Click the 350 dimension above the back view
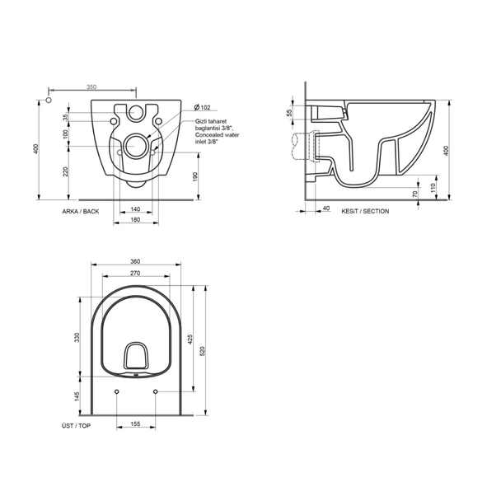pos(91,87)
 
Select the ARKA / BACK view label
pos(80,211)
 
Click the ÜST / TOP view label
pos(77,425)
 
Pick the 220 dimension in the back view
pos(64,171)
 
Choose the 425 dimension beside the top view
pos(192,338)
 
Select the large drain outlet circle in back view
pos(137,147)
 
